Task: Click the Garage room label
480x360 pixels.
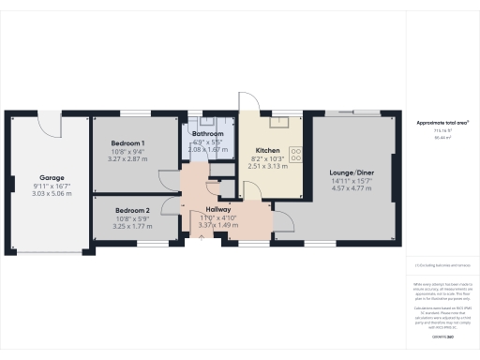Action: point(50,177)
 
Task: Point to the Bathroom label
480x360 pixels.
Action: point(207,134)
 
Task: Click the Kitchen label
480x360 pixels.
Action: point(268,150)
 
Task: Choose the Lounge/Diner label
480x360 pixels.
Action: point(353,173)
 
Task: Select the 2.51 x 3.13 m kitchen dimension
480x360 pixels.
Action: point(268,167)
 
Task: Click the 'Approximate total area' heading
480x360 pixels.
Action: point(442,123)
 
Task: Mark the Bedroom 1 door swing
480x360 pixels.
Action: point(168,178)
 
